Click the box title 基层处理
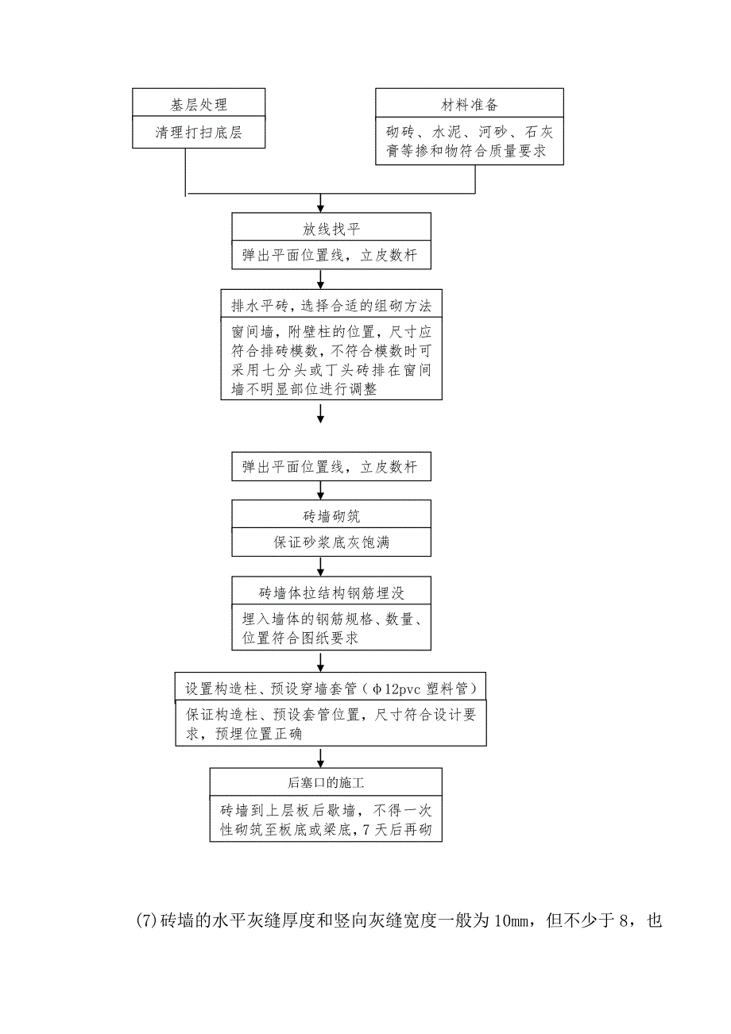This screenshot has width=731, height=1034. [x=199, y=105]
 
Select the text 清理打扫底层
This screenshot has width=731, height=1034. [x=199, y=133]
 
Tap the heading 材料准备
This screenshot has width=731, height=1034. [x=470, y=105]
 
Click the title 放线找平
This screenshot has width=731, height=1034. [x=331, y=230]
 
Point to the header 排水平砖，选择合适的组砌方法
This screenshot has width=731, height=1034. [x=331, y=306]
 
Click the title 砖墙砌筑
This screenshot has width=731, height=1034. [x=331, y=516]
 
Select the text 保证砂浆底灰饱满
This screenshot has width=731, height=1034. [x=331, y=543]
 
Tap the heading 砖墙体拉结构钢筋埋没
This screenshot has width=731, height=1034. [x=331, y=592]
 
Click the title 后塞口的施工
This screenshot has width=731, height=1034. [x=326, y=783]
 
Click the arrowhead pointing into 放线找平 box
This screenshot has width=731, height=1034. [x=320, y=207]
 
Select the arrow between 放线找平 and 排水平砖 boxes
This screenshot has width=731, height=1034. [x=320, y=280]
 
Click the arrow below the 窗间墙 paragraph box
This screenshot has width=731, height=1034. [x=320, y=414]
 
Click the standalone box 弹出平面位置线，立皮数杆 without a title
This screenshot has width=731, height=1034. [x=331, y=468]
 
